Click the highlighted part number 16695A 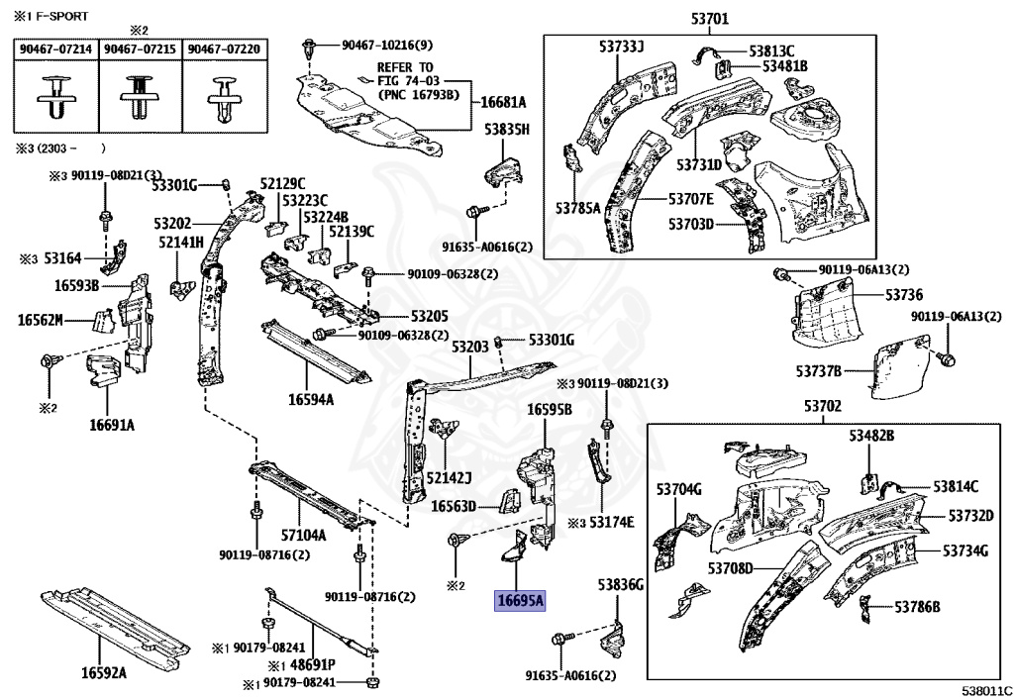tap(520, 600)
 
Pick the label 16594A tap(311, 400)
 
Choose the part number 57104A tap(303, 535)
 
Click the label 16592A tap(104, 673)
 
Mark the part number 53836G tap(620, 586)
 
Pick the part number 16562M tap(41, 319)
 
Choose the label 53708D tap(731, 567)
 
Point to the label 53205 tap(429, 317)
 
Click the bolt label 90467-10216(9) tap(387, 46)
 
